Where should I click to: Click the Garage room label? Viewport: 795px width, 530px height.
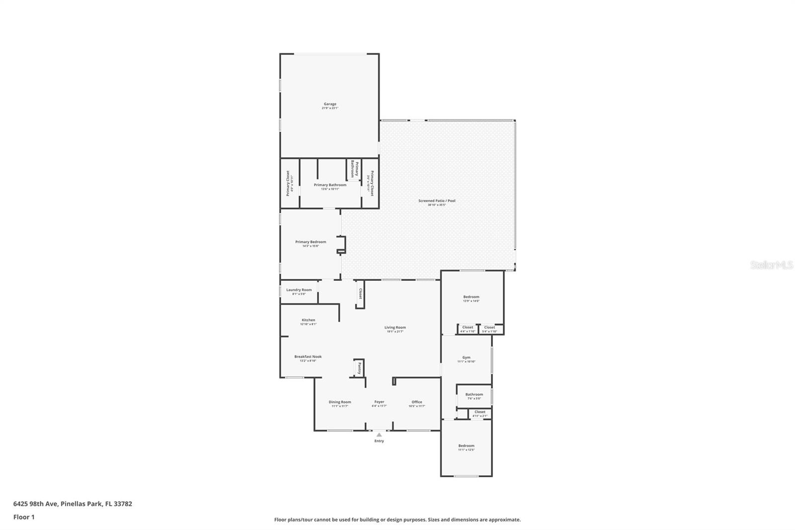click(x=330, y=104)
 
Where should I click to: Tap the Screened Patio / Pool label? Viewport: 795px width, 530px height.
click(x=437, y=201)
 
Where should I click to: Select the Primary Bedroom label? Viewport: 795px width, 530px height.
click(x=311, y=242)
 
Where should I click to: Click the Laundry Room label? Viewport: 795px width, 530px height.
click(x=299, y=290)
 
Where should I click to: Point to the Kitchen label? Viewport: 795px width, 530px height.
click(x=308, y=320)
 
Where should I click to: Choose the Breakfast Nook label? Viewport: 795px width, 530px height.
click(x=308, y=356)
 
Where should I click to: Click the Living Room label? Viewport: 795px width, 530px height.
click(x=395, y=328)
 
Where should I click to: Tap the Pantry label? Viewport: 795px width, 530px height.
click(x=359, y=368)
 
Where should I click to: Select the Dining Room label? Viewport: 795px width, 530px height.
click(x=340, y=402)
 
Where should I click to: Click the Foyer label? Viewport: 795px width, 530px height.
click(x=379, y=402)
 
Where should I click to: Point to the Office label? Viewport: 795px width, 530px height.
click(x=417, y=402)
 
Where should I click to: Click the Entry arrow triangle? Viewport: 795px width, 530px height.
click(x=379, y=435)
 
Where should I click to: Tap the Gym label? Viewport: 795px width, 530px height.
click(x=466, y=357)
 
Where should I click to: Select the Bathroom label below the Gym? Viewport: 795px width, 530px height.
click(x=474, y=394)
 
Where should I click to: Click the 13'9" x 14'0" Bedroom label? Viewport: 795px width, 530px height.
click(x=471, y=297)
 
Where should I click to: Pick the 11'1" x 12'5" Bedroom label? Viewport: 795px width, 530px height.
click(x=466, y=446)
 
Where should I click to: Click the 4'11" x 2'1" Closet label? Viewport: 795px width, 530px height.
click(x=480, y=412)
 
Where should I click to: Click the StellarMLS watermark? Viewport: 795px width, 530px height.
click(x=772, y=265)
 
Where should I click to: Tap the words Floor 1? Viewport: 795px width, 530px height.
click(x=24, y=517)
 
